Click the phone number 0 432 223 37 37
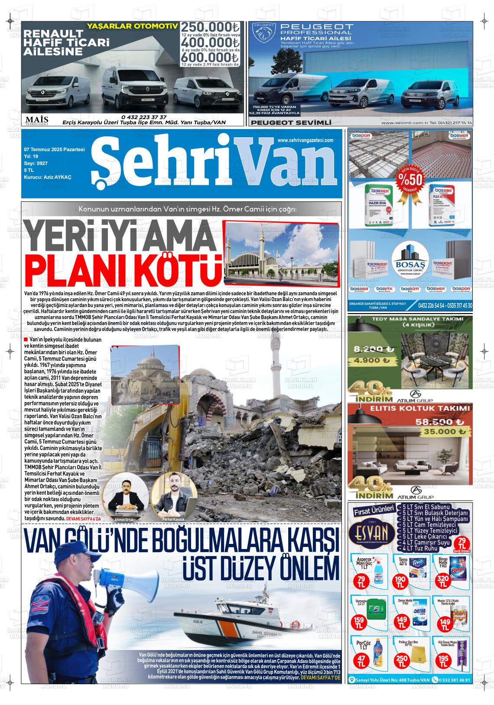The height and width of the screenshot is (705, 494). click(144, 117)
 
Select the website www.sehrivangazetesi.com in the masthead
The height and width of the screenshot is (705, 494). click(305, 140)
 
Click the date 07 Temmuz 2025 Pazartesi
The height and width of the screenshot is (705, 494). click(54, 149)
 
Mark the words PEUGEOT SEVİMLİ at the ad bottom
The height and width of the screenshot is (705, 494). click(291, 123)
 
